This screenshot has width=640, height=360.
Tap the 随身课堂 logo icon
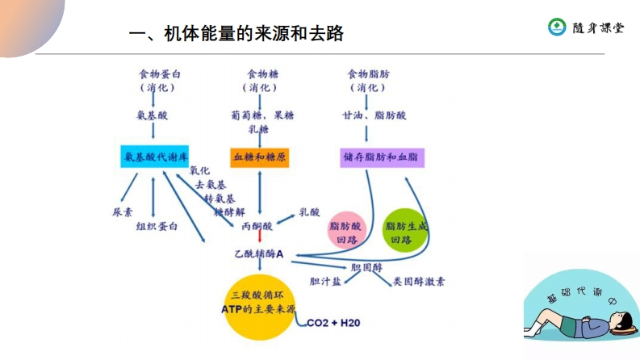(557, 27)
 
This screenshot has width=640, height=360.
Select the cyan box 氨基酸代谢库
(154, 157)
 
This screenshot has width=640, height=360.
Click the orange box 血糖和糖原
(259, 157)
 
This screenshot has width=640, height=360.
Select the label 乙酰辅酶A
(258, 254)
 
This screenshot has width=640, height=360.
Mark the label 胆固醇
(365, 267)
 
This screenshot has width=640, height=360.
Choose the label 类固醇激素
(419, 282)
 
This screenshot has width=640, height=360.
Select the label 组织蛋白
(157, 226)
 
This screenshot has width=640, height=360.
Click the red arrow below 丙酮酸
(259, 240)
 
